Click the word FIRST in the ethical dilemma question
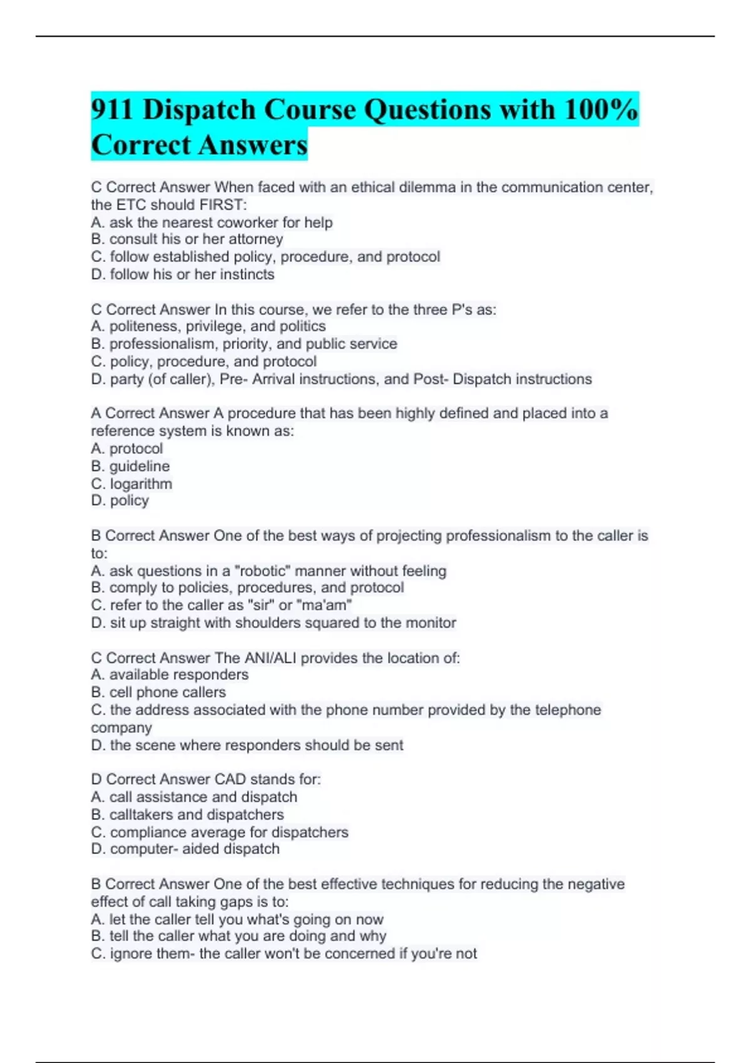click(223, 205)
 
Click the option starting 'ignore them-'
click(284, 954)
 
